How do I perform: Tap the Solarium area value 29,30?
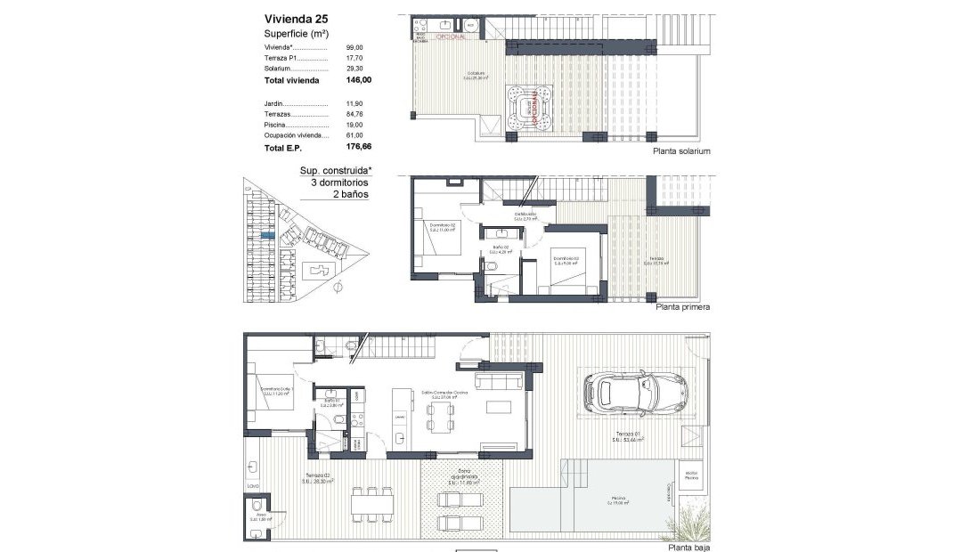355,68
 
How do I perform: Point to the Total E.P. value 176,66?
357,148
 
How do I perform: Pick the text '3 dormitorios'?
338,182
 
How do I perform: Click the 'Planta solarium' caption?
681,151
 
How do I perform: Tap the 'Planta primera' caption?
682,307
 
